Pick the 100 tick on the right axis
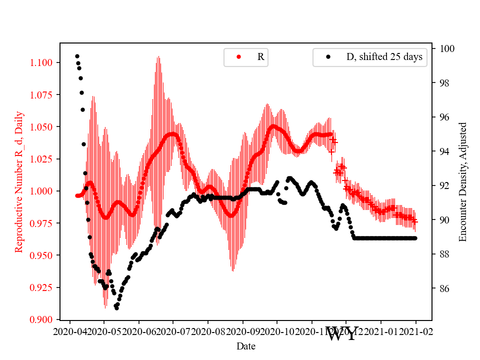point(447,48)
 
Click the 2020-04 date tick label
point(70,331)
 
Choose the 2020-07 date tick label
point(173,331)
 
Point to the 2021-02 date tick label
point(415,331)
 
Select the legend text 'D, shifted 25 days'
point(384,57)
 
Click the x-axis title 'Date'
point(246,345)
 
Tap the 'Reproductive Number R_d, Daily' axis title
point(18,181)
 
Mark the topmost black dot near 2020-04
point(77,56)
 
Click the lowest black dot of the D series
point(116,308)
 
